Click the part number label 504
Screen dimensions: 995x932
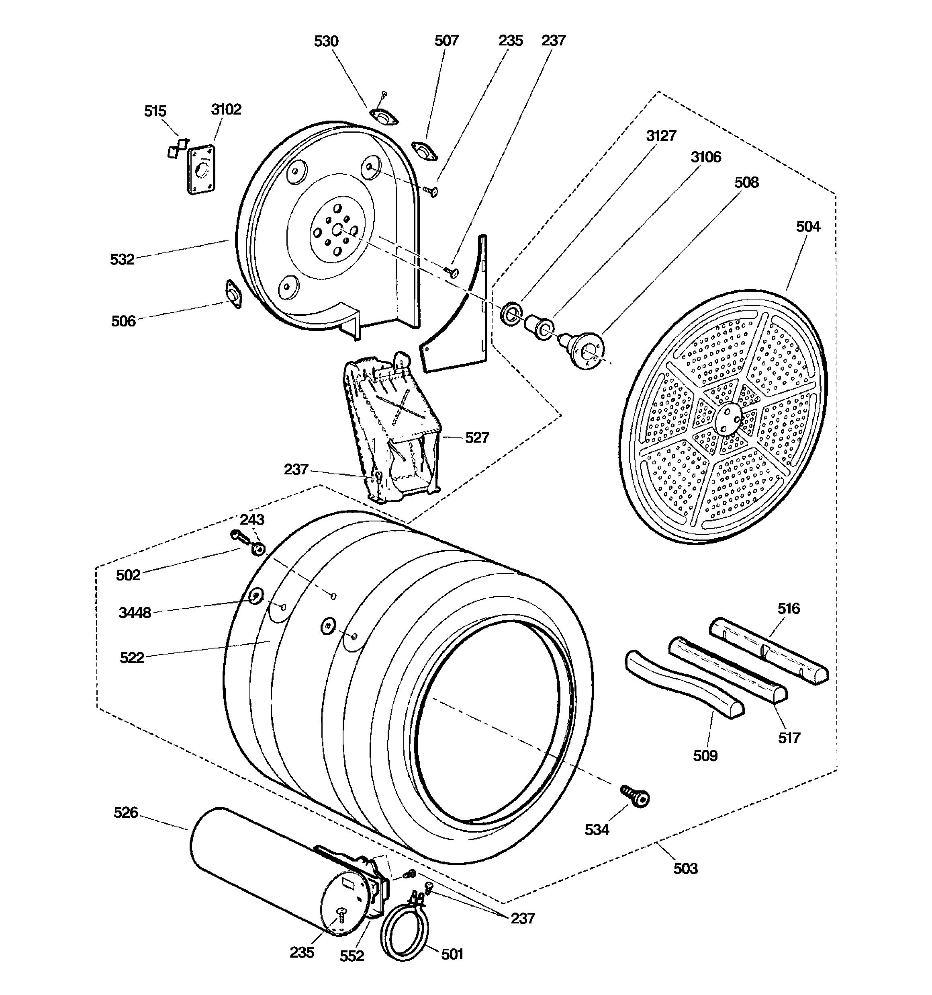tap(808, 227)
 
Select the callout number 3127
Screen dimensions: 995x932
tap(661, 136)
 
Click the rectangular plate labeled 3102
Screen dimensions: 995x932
tap(201, 169)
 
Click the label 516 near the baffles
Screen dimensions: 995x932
tap(789, 609)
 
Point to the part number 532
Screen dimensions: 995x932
tap(123, 259)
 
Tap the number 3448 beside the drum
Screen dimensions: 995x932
tap(135, 613)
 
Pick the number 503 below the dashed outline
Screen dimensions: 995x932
tap(685, 868)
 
